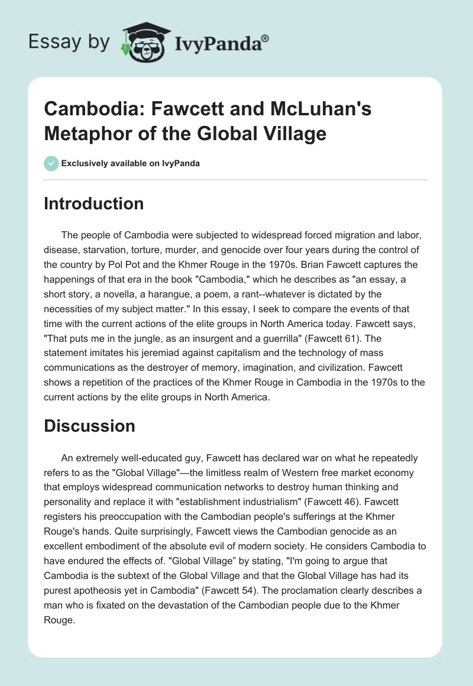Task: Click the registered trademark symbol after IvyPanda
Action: pyautogui.click(x=265, y=38)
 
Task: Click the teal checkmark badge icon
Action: pyautogui.click(x=51, y=163)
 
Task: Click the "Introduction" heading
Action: pyautogui.click(x=93, y=203)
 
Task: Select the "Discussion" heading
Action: pyautogui.click(x=89, y=425)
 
